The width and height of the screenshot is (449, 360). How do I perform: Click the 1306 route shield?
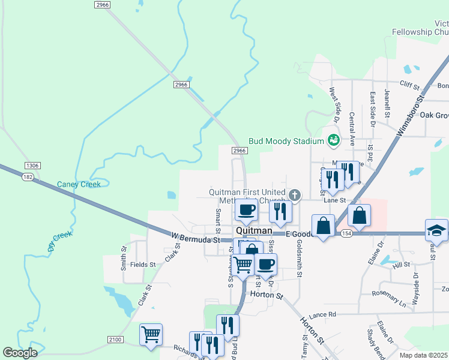32,166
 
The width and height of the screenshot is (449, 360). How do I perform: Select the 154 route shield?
346,232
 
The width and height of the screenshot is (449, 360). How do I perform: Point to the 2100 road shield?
115,340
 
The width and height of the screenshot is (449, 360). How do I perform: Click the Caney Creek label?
79,184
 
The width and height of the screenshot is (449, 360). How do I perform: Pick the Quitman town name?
255,230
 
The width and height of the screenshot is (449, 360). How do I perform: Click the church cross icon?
294,194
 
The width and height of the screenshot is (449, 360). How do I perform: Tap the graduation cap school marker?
436,229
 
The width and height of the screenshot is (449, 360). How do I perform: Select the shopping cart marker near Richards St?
151,333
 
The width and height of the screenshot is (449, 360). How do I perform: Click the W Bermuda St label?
193,238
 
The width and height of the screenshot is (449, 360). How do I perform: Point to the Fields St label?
143,264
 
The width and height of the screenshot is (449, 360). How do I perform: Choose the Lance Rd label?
323,314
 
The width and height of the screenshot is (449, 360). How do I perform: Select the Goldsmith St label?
298,259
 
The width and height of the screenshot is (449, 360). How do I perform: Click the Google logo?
20,352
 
